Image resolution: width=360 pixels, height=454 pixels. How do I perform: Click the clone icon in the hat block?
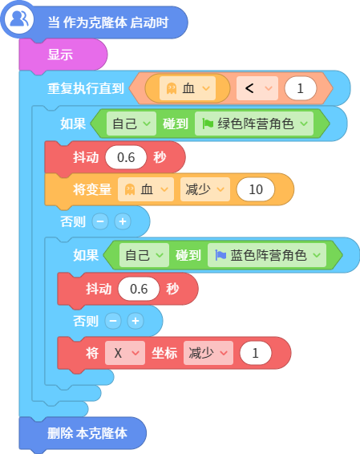tap(18, 20)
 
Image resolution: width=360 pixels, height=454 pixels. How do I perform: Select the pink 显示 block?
tap(63, 55)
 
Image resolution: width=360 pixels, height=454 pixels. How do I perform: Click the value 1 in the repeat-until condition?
tap(301, 88)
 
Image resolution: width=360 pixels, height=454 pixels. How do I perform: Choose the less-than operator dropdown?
tap(257, 88)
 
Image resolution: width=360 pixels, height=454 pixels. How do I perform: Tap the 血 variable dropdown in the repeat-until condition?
tap(188, 88)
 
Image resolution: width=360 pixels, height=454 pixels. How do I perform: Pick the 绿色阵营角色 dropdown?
tap(254, 124)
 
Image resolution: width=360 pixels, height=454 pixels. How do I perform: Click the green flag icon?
tap(208, 124)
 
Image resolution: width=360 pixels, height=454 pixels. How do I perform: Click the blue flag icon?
tap(220, 255)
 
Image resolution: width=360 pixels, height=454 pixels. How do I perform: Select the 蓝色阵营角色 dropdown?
tap(267, 255)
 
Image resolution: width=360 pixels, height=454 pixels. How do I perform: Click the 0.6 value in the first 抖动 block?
tap(126, 157)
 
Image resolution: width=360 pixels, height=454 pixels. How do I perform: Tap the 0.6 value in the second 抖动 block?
tap(139, 289)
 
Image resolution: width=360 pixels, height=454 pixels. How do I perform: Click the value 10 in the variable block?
tap(256, 189)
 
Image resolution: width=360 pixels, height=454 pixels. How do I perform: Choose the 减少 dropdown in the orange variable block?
tap(205, 189)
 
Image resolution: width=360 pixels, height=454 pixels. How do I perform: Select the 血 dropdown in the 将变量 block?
tap(146, 189)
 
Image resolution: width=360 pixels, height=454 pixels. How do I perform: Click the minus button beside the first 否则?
tap(100, 221)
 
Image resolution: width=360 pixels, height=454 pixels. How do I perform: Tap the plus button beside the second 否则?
tap(136, 321)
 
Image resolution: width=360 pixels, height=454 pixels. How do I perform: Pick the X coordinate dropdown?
tap(125, 353)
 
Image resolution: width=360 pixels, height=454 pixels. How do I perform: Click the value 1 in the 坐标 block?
tap(256, 353)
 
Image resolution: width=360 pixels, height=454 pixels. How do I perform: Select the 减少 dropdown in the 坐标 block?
tap(208, 353)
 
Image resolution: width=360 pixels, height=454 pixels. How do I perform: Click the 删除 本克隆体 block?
tap(83, 433)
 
